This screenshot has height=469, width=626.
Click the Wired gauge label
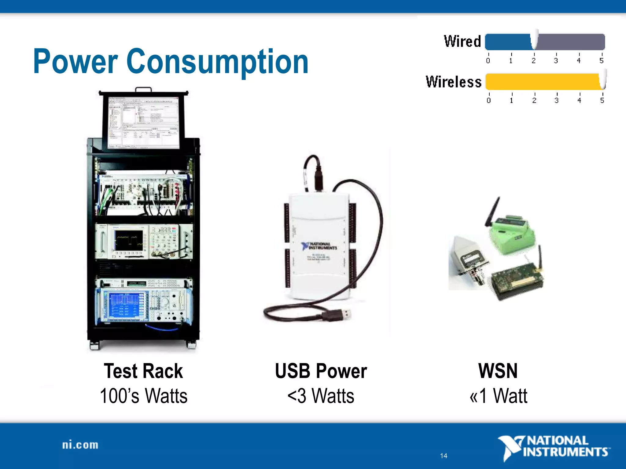462,42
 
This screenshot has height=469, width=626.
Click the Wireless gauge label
454,82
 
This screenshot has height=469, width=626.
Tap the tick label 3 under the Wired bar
556,60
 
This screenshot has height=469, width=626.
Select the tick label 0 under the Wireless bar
489,100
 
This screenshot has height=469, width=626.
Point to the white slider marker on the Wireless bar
603,80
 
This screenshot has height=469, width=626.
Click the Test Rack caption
143,371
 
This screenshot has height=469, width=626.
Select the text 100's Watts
143,396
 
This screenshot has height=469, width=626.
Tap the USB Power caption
321,371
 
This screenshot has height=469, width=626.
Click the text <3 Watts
321,396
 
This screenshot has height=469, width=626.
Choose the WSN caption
498,371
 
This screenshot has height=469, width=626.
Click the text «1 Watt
498,396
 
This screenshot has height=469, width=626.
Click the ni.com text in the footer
80,445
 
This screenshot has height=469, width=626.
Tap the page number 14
444,456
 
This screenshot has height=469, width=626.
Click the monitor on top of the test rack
144,122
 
